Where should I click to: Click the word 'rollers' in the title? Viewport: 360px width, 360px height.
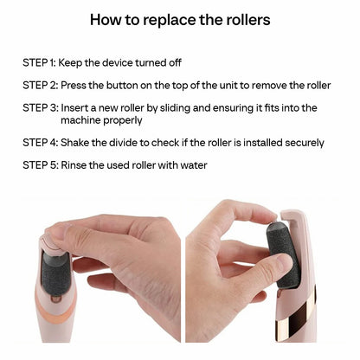tap(243, 18)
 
